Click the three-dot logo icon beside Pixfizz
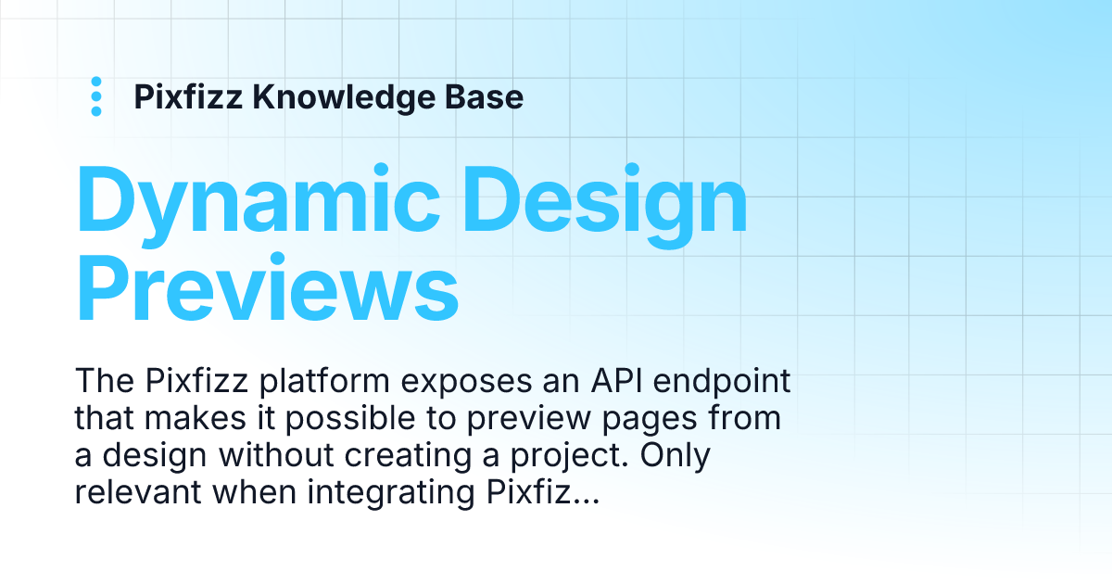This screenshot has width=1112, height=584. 95,96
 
